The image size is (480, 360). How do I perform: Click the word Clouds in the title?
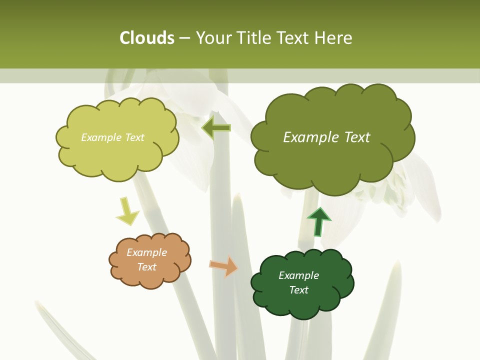(x=147, y=38)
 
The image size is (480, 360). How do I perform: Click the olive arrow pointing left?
(x=216, y=128)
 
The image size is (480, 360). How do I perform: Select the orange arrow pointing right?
(x=223, y=266)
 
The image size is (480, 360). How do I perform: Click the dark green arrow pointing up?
(x=319, y=221)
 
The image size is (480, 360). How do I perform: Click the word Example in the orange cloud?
(x=146, y=252)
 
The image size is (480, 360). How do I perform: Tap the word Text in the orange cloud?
(x=146, y=267)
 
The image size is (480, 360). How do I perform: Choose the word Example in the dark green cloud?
(x=298, y=275)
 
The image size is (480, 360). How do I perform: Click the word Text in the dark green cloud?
(x=298, y=290)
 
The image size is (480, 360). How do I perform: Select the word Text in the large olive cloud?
(x=357, y=137)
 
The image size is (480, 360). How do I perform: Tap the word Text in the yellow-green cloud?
(x=134, y=137)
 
